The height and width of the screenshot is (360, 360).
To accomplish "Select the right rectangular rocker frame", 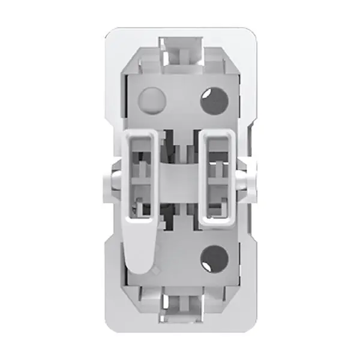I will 220,180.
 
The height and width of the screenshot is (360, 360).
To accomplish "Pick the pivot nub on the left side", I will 113,178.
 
